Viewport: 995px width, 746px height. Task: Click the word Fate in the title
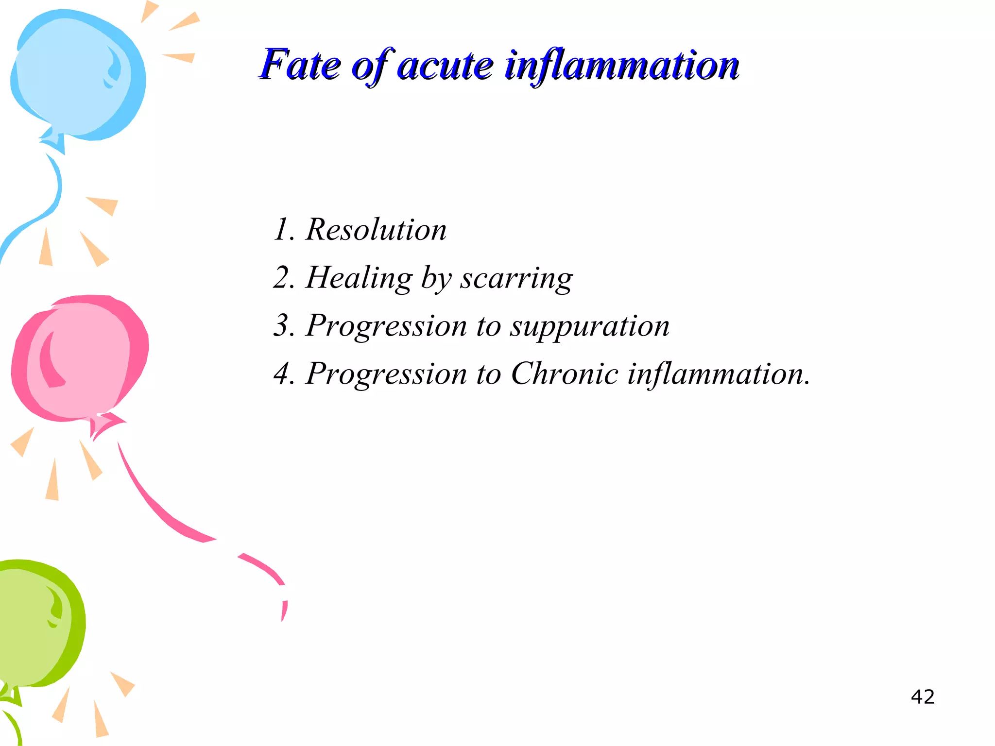coord(300,65)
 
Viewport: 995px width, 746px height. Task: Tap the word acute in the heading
coord(445,66)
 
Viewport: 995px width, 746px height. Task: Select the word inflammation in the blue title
coord(622,66)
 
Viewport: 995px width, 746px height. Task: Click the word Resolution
coord(376,229)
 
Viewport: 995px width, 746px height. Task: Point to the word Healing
coord(359,278)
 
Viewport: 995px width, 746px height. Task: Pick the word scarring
coord(516,278)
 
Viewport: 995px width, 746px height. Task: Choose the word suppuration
coord(589,326)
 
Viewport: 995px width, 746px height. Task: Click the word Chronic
coord(565,374)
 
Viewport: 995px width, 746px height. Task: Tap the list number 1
coord(282,229)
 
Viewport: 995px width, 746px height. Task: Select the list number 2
coord(283,278)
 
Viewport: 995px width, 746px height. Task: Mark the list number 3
coord(283,325)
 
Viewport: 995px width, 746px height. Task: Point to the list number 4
coord(283,374)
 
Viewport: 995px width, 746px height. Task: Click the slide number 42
coord(923,697)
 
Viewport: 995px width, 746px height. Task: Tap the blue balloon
coord(78,73)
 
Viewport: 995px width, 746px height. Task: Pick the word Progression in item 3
coord(386,326)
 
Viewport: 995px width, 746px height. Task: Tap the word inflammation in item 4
coord(718,374)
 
